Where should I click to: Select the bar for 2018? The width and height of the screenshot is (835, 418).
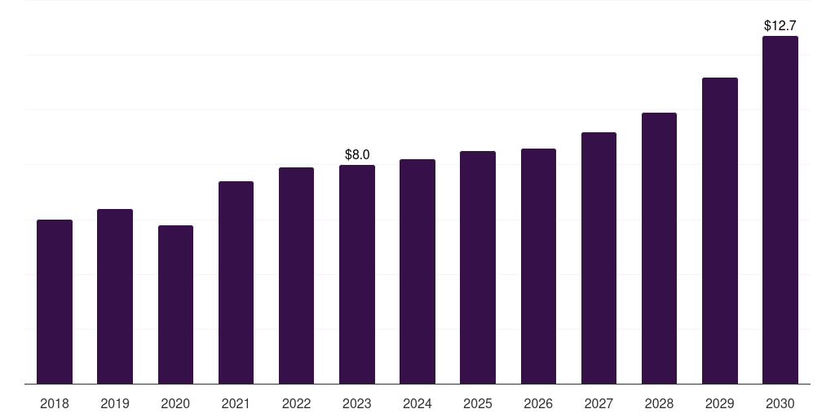click(55, 302)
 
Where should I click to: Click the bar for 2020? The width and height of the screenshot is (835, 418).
click(176, 305)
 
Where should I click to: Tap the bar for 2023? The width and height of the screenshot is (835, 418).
click(357, 274)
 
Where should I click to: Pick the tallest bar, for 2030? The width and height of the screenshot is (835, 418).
click(780, 210)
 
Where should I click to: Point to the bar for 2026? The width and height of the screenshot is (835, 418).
click(538, 266)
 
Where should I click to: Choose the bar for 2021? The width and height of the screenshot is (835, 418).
click(236, 282)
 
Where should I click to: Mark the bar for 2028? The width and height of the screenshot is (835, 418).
click(659, 248)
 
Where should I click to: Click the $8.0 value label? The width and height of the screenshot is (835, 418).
click(357, 154)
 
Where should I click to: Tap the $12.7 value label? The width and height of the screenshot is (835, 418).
click(780, 25)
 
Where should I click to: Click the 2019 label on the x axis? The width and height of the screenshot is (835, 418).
click(115, 403)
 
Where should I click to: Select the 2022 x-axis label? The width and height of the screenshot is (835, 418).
click(296, 403)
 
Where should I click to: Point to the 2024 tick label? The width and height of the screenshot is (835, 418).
click(417, 403)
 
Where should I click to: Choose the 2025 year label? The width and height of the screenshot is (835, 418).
click(478, 403)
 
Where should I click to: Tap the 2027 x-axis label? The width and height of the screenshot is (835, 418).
click(599, 403)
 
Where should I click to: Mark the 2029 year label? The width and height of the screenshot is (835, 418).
click(719, 403)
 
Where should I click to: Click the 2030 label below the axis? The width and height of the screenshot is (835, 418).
click(780, 403)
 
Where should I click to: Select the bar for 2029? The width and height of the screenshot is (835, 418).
click(720, 231)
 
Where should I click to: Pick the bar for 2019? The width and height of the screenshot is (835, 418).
click(115, 296)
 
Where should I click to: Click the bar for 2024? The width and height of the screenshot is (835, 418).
click(417, 271)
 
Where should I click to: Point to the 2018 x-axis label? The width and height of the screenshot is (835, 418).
click(55, 403)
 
